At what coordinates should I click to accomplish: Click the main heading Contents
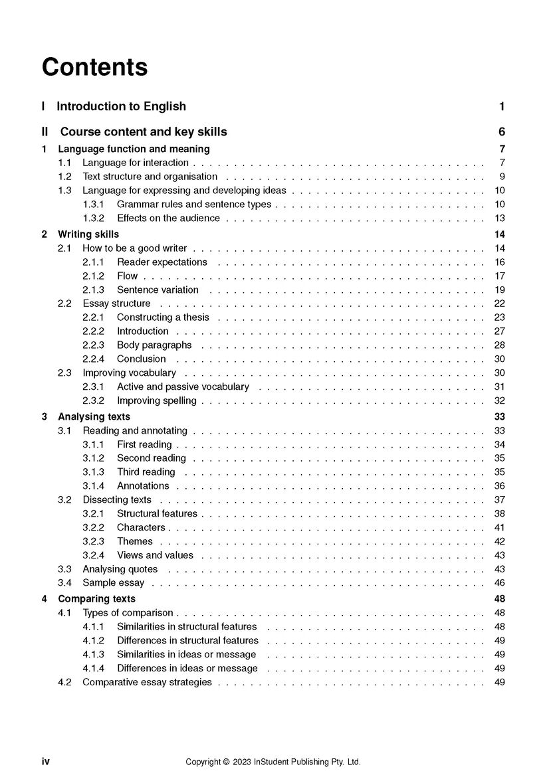pos(94,67)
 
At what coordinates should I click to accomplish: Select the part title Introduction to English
pos(121,106)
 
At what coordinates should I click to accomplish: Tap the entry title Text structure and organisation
pos(150,177)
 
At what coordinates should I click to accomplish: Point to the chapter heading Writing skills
pos(88,234)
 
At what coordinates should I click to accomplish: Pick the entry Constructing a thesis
pos(163,317)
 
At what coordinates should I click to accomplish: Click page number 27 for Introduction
pos(499,331)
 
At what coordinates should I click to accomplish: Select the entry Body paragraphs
pos(154,345)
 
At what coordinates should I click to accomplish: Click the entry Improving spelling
pos(157,400)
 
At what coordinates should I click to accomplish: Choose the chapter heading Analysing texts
pos(94,416)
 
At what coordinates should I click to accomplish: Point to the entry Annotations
pos(143,486)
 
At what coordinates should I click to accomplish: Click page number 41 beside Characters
pos(499,527)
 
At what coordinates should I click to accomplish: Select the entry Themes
pos(135,541)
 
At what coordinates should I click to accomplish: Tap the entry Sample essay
pos(113,583)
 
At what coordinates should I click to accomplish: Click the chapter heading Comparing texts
pos(96,599)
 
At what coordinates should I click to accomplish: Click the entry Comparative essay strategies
pos(147,682)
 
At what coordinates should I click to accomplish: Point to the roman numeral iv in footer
pos(46,762)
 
